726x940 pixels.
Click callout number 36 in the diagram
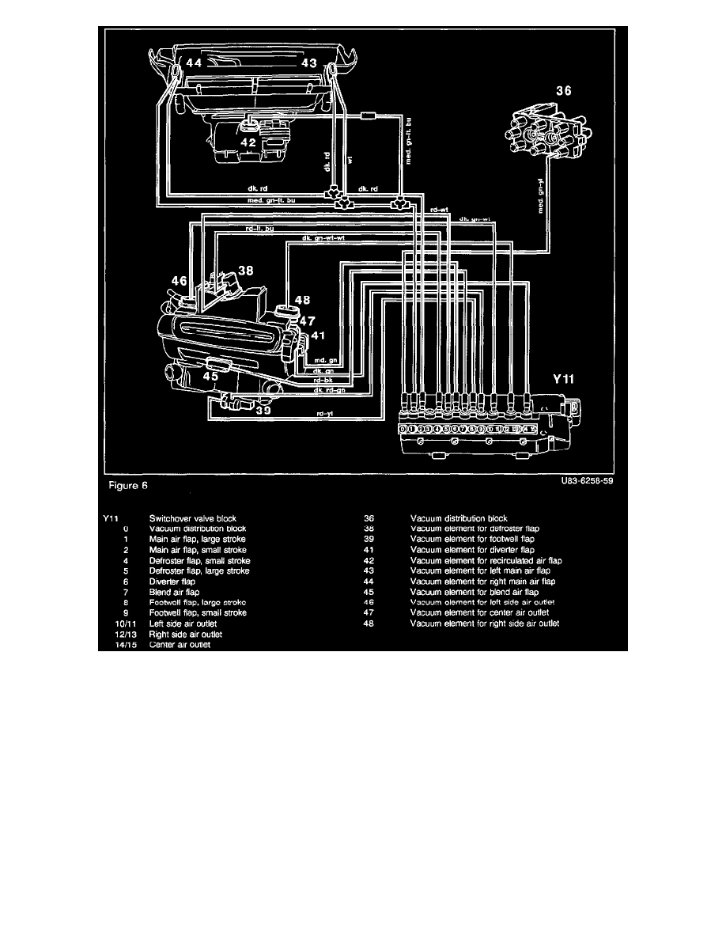562,91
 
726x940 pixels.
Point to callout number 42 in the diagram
249,142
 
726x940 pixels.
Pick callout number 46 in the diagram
179,280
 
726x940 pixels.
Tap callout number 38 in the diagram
246,271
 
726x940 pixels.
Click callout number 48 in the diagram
303,301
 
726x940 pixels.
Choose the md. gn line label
327,360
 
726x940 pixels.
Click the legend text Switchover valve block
192,519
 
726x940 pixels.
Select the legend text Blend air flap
174,591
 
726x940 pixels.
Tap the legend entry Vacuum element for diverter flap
471,550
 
